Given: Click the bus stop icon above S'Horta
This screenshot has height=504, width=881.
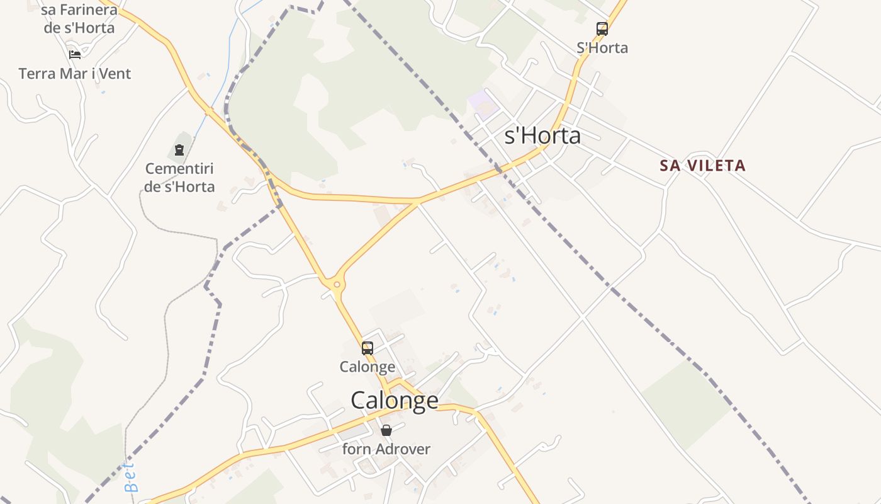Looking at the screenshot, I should tap(602, 28).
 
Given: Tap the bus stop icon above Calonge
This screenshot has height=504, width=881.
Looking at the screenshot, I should tap(368, 348).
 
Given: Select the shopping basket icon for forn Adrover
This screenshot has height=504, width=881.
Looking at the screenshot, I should tap(386, 430).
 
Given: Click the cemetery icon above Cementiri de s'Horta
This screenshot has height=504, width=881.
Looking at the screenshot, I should tap(179, 150).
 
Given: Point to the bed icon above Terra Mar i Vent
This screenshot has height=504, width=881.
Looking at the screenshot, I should tap(75, 55).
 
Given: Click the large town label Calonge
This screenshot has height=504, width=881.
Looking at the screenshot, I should tap(395, 400).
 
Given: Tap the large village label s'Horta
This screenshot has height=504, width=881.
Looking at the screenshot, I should tap(542, 135).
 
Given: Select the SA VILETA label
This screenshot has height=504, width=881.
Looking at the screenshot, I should tap(702, 166).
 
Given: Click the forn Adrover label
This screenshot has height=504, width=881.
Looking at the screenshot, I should tap(386, 449).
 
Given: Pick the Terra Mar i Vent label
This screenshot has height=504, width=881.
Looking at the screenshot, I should tap(75, 74).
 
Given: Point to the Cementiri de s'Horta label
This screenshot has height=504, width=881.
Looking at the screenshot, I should tap(179, 178).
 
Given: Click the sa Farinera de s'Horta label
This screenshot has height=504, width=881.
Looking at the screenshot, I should tap(79, 19).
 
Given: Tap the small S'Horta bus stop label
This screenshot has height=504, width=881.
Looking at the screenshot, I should tap(602, 48).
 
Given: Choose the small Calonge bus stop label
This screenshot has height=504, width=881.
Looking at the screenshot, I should tap(368, 367).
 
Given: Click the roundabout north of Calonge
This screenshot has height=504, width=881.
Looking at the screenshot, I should tap(337, 285).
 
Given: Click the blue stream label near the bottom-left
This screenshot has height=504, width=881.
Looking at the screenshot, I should tap(130, 477).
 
